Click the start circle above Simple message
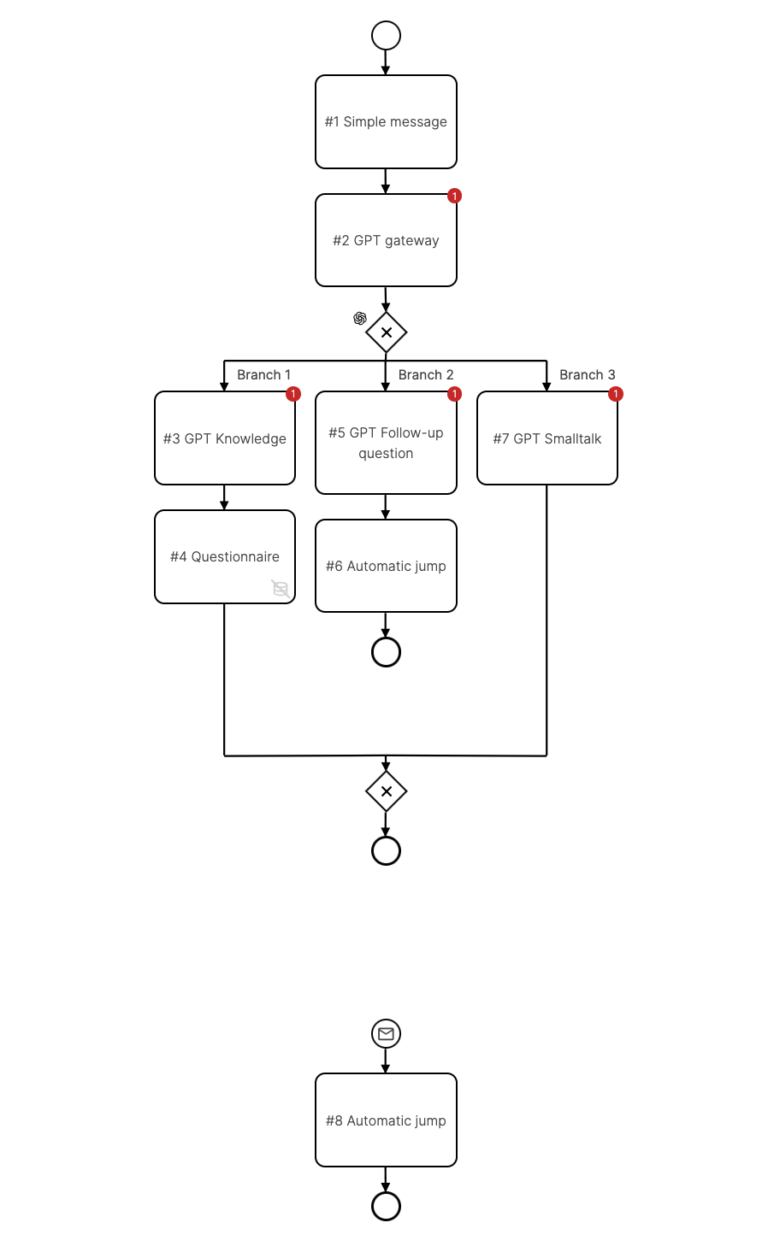click(x=386, y=35)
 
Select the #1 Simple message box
click(x=386, y=121)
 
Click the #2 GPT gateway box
click(x=386, y=240)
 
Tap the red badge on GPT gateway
click(x=455, y=196)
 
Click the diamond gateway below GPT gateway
click(x=386, y=332)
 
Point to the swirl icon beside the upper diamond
click(x=360, y=318)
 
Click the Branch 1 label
click(x=263, y=375)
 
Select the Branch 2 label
click(x=426, y=375)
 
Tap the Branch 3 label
click(x=587, y=375)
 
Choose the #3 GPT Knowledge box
click(x=225, y=438)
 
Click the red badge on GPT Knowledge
click(x=293, y=394)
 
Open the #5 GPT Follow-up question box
click(x=386, y=443)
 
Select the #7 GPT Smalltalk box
click(x=547, y=438)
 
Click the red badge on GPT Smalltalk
click(x=616, y=394)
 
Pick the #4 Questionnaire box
click(x=225, y=556)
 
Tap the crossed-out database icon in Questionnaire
click(x=281, y=588)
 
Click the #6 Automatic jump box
click(x=386, y=566)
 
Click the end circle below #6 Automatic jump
click(x=386, y=652)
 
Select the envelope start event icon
click(x=386, y=1034)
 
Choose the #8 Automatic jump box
click(x=386, y=1120)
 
